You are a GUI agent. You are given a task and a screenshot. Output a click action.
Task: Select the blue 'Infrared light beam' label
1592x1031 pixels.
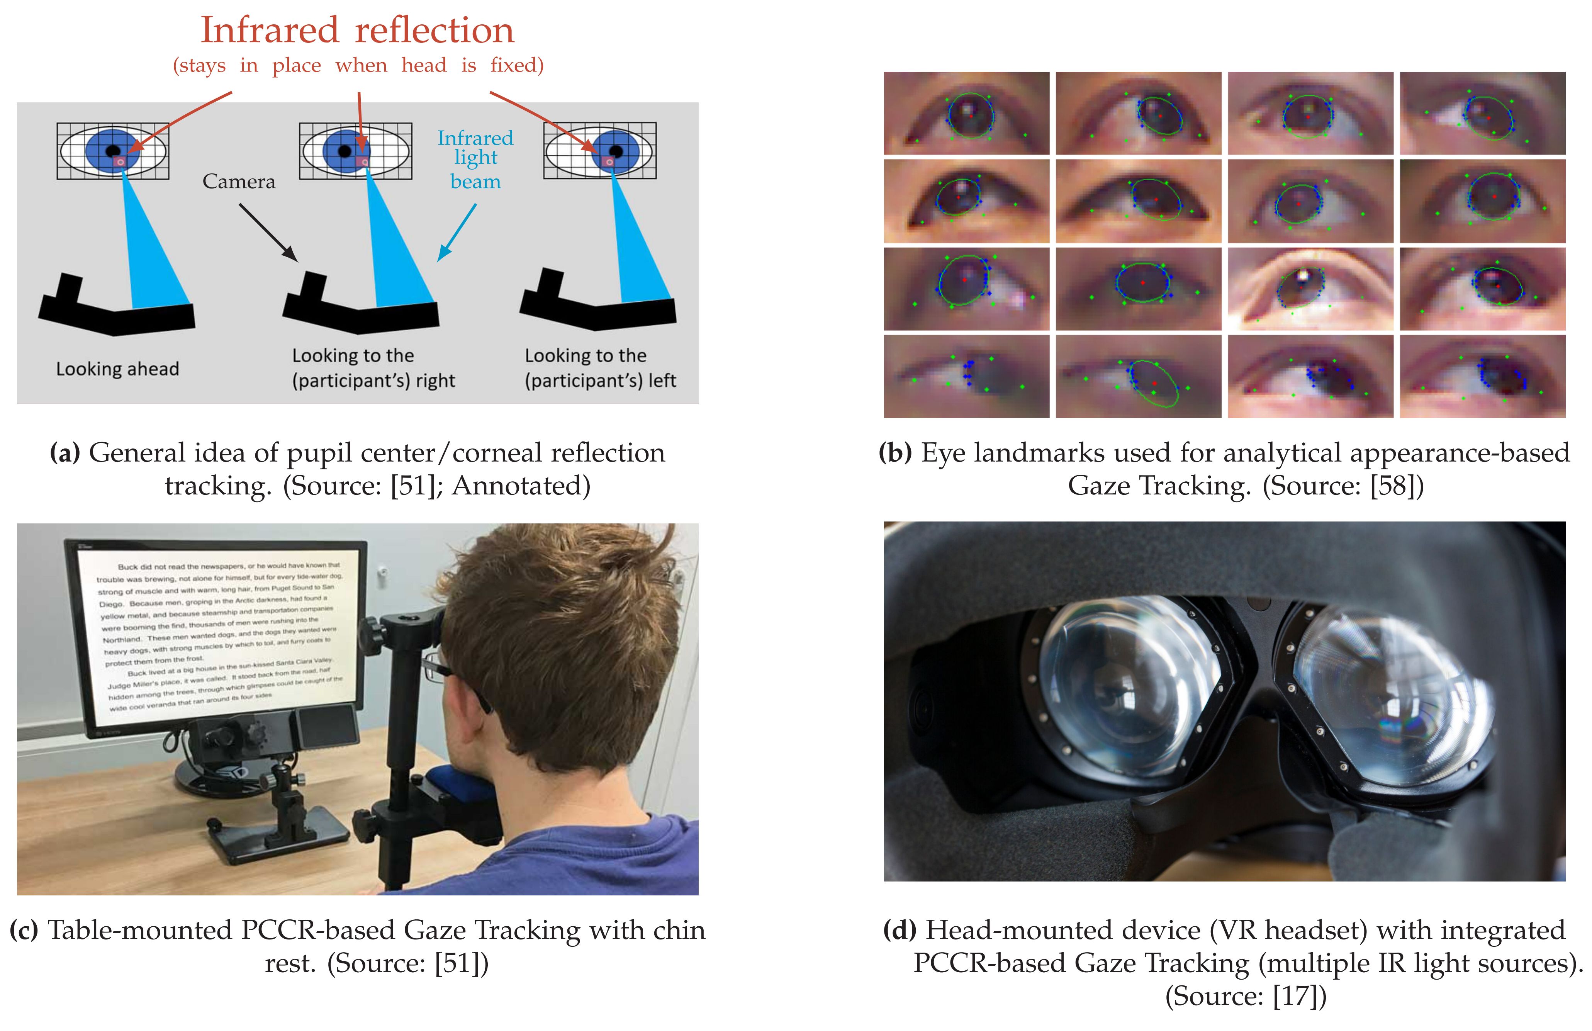pyautogui.click(x=475, y=159)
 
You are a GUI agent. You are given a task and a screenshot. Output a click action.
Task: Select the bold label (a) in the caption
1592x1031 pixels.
pyautogui.click(x=65, y=454)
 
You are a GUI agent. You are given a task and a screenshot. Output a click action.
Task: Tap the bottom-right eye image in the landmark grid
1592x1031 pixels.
pyautogui.click(x=1482, y=377)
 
